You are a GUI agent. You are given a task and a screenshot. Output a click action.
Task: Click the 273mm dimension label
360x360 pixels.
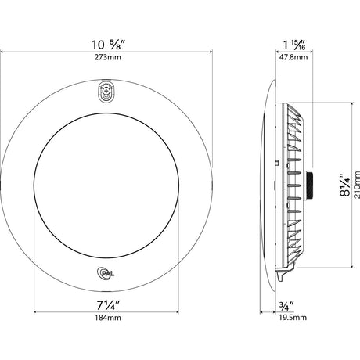108,57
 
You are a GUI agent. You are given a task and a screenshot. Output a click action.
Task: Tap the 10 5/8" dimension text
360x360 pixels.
109,45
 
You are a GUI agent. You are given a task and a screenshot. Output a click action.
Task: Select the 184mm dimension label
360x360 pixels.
108,318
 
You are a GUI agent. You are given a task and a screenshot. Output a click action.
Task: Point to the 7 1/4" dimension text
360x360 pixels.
108,305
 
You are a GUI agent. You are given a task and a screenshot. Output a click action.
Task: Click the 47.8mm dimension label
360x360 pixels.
293,57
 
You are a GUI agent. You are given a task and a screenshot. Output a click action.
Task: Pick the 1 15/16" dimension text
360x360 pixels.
295,45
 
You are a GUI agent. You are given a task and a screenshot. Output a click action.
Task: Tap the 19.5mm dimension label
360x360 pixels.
293,318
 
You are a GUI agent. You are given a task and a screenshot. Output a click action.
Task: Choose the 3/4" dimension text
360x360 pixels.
286,306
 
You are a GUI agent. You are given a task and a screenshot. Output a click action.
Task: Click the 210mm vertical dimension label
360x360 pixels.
357,185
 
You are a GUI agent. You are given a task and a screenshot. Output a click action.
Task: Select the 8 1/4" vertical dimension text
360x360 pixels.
345,185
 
